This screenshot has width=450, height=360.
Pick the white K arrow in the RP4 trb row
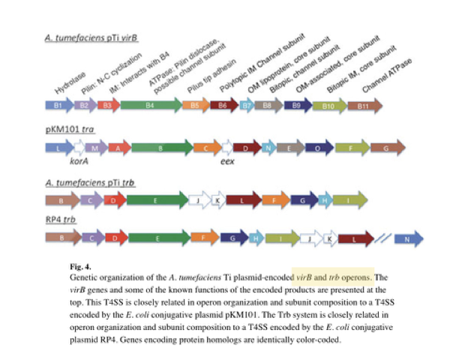point(328,238)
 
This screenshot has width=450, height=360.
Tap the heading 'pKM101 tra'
point(70,130)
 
